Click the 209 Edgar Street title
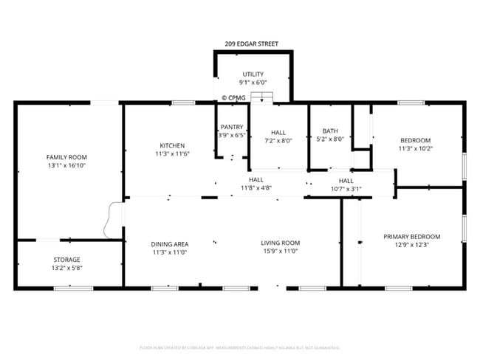[251, 44]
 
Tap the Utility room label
[253, 75]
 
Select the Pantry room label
[232, 127]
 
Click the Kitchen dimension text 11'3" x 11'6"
[173, 154]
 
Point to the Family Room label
[67, 157]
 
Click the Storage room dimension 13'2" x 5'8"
[67, 269]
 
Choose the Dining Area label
[170, 244]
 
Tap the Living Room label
[280, 243]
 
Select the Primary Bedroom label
[411, 237]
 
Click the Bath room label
[330, 131]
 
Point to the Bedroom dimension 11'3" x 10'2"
[415, 148]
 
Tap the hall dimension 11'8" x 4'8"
[256, 187]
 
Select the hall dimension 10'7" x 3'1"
[346, 189]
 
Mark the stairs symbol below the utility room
[261, 97]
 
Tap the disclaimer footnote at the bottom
[239, 347]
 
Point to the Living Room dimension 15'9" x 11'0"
[280, 252]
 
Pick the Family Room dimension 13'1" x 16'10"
[67, 166]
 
